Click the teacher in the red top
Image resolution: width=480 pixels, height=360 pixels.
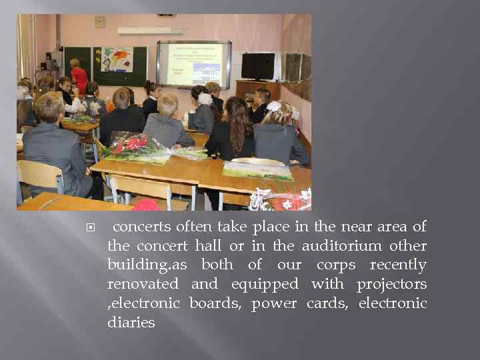click(x=79, y=77)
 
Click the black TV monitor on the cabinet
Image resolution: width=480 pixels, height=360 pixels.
click(x=257, y=66)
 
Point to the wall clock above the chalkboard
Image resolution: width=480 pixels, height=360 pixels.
click(x=100, y=21)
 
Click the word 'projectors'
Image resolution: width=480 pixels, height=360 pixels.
click(x=391, y=285)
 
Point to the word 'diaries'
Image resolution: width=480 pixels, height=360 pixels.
click(x=131, y=323)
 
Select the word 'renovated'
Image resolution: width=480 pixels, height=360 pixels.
click(x=143, y=285)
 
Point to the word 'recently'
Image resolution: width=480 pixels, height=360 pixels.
click(x=398, y=265)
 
